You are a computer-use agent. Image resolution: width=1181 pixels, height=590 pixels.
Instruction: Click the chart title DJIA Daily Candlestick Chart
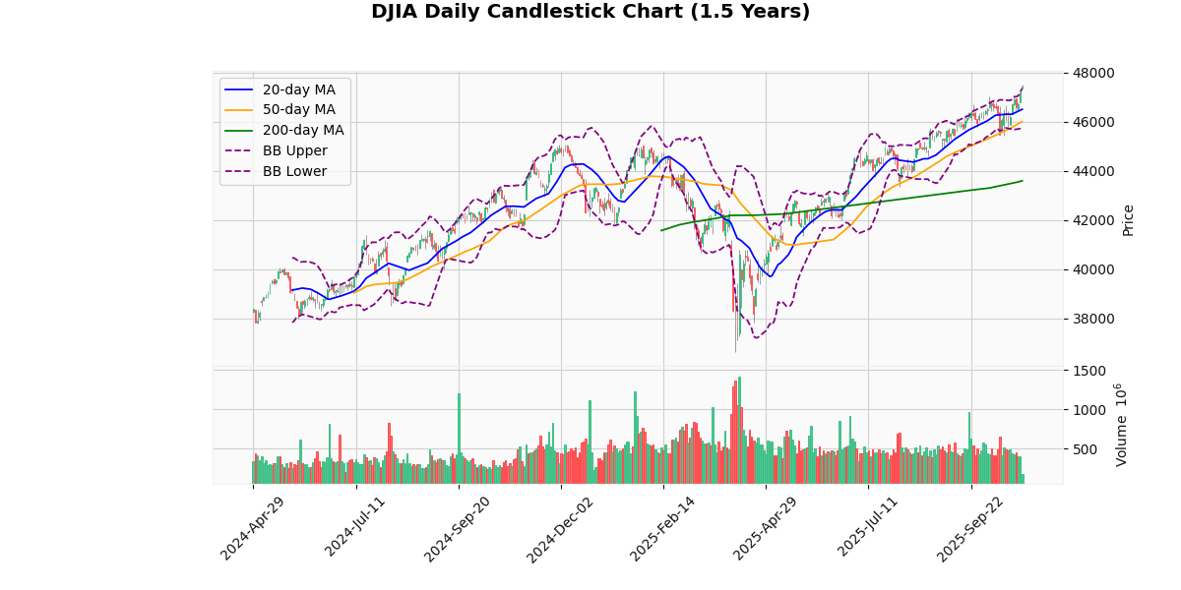tap(590, 12)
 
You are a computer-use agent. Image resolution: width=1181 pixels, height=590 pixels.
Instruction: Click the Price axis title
tap(1129, 220)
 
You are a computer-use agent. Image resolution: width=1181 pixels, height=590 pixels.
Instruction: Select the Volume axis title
tap(1122, 425)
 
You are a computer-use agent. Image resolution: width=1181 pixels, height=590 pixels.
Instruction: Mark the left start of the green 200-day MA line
tap(660, 230)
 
